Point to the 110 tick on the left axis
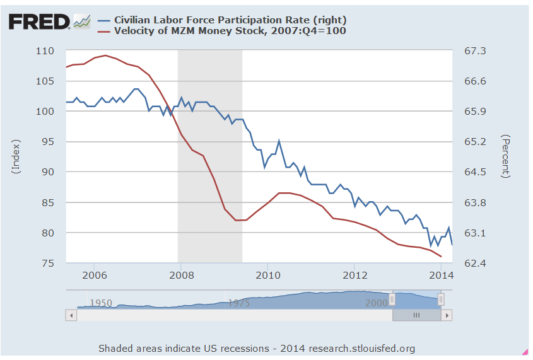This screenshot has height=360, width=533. point(45,50)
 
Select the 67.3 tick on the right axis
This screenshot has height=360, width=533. point(477,50)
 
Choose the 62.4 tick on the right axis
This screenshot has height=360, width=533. point(477,263)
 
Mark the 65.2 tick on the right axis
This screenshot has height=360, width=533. point(477,141)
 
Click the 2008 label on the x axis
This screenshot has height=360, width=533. point(181,276)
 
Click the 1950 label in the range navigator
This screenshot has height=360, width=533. point(101,303)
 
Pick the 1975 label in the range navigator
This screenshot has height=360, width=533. point(238,303)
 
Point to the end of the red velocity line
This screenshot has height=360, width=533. point(441,257)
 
